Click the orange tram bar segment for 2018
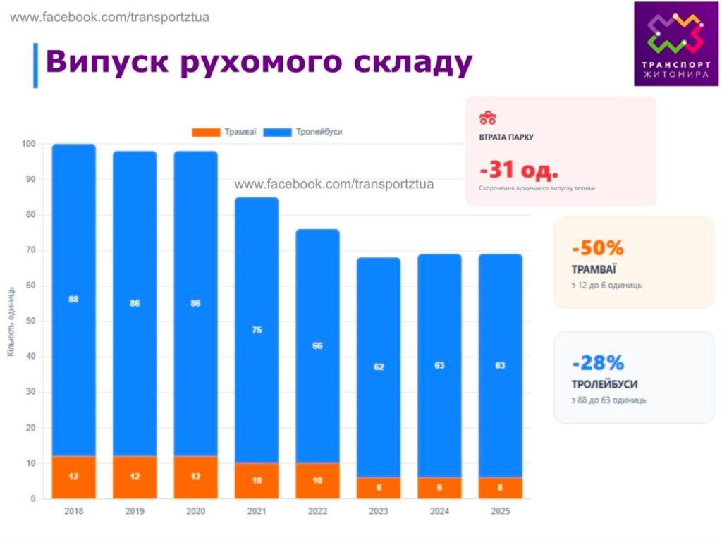(x=73, y=477)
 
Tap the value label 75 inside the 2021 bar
(x=257, y=329)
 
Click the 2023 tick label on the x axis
(x=379, y=511)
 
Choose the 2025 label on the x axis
(x=501, y=511)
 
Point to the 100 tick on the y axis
(x=28, y=145)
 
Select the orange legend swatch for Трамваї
(x=206, y=132)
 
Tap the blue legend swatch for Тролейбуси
(x=277, y=132)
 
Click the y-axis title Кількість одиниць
(x=11, y=321)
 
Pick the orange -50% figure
(x=598, y=248)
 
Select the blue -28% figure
(x=598, y=363)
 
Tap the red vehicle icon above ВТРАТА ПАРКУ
(x=488, y=117)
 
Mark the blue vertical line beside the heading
(x=35, y=65)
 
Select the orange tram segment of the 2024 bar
(x=439, y=488)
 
